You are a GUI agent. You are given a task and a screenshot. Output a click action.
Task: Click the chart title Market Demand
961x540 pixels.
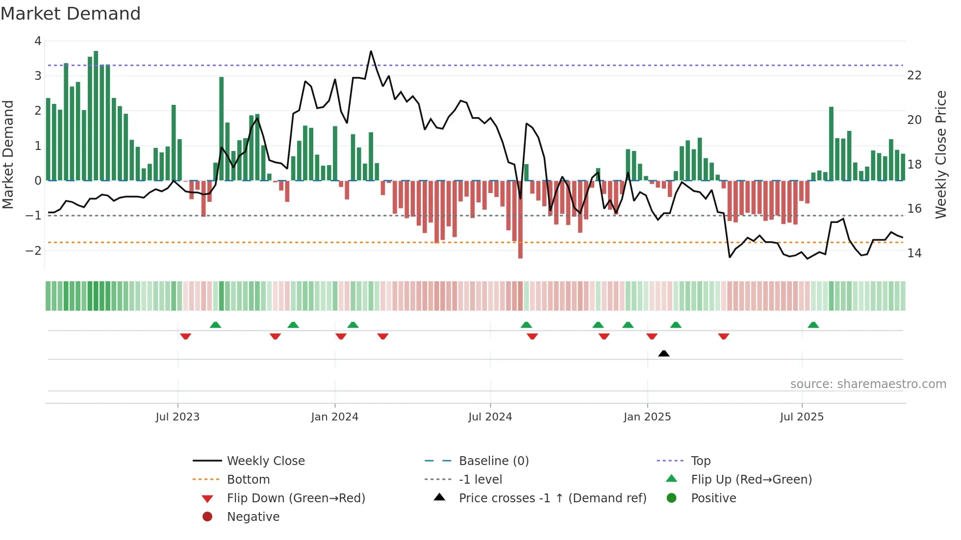tap(71, 14)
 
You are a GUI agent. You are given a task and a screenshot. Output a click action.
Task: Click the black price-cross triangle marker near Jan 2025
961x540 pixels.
tap(664, 353)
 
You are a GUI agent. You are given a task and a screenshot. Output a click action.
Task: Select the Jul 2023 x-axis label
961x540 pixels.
tap(177, 417)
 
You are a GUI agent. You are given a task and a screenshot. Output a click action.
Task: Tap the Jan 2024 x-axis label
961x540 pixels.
tap(335, 417)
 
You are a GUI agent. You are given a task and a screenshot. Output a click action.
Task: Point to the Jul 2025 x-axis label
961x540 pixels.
tap(802, 417)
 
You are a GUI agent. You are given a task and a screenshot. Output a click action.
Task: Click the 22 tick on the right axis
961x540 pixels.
tap(914, 75)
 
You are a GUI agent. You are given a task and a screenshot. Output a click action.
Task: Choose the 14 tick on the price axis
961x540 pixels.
tap(914, 253)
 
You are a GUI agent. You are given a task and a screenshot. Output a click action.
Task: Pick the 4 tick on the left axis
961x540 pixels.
tap(38, 41)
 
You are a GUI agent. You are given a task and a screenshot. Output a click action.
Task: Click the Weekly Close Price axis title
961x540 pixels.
tap(940, 154)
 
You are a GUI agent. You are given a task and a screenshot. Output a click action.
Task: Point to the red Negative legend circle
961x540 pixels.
tap(207, 516)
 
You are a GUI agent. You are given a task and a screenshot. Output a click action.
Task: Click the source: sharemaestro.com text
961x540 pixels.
tap(868, 384)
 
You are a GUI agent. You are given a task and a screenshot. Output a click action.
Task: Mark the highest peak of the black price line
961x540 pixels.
tap(371, 51)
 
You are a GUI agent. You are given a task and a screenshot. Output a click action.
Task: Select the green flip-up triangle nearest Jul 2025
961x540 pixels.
tap(813, 325)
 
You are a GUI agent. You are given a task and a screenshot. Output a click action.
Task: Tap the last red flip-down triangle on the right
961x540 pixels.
tap(724, 336)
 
